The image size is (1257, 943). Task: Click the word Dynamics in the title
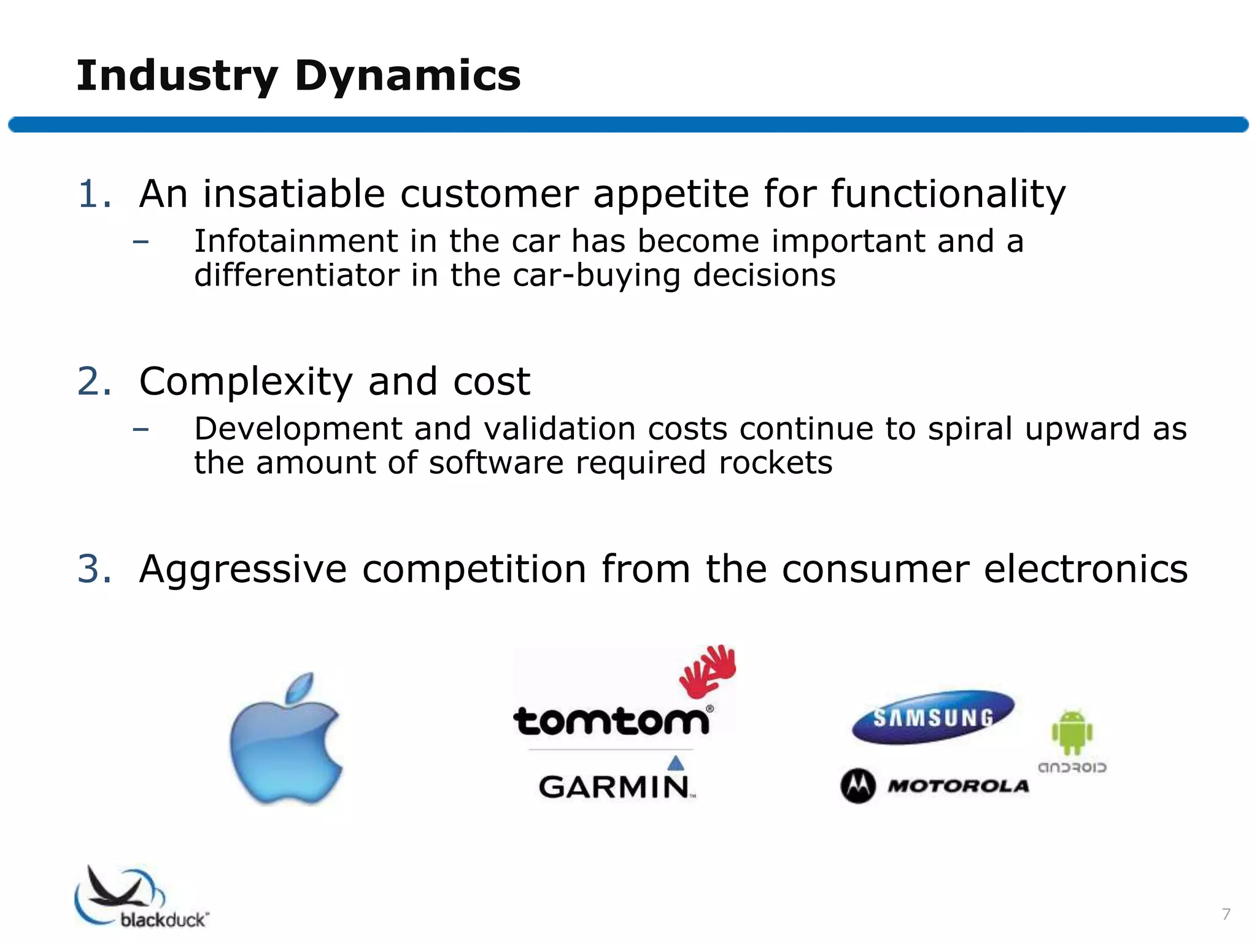pos(408,76)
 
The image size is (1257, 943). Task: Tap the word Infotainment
pos(296,241)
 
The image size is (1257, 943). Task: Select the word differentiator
pos(296,275)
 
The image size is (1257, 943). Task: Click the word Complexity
pos(246,382)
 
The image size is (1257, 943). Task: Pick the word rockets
pos(775,462)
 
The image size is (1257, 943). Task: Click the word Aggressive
pos(243,570)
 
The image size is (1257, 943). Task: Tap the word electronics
pos(1086,569)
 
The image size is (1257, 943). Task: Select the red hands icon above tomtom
pos(708,671)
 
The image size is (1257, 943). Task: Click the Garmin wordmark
pos(616,786)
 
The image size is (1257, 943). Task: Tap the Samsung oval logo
pos(933,717)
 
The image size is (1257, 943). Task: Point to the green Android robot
pos(1072,732)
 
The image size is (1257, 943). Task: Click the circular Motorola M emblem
pos(857,786)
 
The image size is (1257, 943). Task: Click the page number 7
pos(1226,914)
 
